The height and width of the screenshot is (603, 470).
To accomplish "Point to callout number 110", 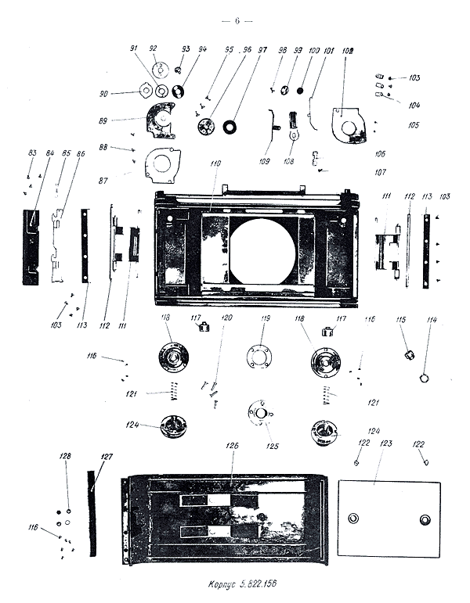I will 215,164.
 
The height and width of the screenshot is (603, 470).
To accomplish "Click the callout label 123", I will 385,443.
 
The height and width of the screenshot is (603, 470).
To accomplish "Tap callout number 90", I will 125,93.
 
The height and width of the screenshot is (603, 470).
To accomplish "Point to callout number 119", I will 266,318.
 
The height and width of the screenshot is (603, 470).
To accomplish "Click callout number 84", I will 50,153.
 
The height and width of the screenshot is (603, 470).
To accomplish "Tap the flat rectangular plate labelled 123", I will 389,518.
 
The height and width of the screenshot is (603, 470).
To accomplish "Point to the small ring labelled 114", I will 424,379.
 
